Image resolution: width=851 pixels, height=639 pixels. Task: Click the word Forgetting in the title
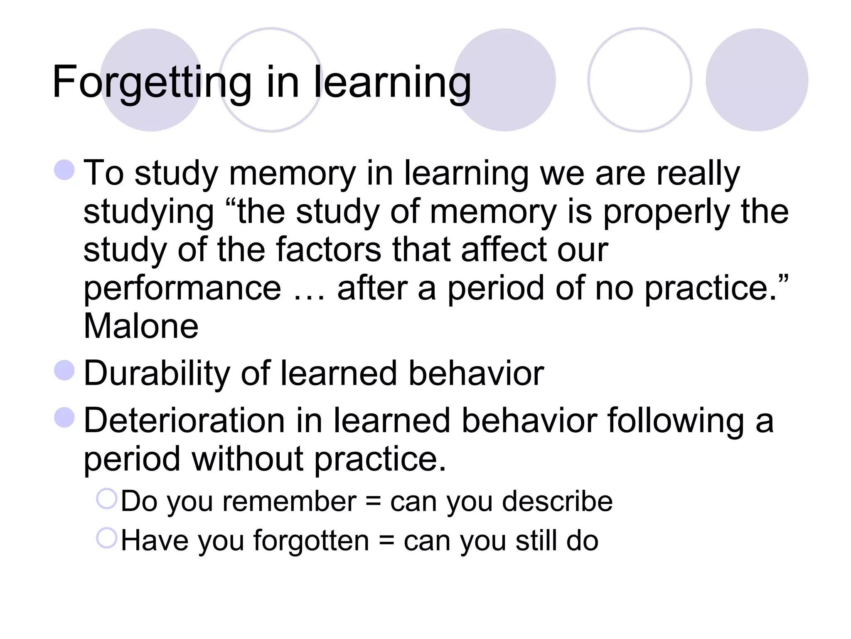pyautogui.click(x=152, y=82)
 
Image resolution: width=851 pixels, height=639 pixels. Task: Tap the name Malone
pyautogui.click(x=141, y=326)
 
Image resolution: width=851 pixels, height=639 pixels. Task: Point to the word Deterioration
pyautogui.click(x=184, y=421)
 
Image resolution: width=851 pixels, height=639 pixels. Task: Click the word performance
pyautogui.click(x=182, y=289)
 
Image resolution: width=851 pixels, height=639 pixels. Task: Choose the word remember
pyautogui.click(x=289, y=501)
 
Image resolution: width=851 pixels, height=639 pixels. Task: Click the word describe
pyautogui.click(x=557, y=501)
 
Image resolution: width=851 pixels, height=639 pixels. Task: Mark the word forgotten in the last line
pyautogui.click(x=311, y=541)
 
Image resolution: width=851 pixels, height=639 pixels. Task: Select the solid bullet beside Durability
pyautogui.click(x=64, y=370)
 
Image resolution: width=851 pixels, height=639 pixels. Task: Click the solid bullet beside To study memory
pyautogui.click(x=64, y=170)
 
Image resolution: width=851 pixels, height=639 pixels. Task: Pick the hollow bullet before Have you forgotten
pyautogui.click(x=107, y=538)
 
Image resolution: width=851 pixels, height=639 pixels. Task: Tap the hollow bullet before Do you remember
pyautogui.click(x=107, y=498)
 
